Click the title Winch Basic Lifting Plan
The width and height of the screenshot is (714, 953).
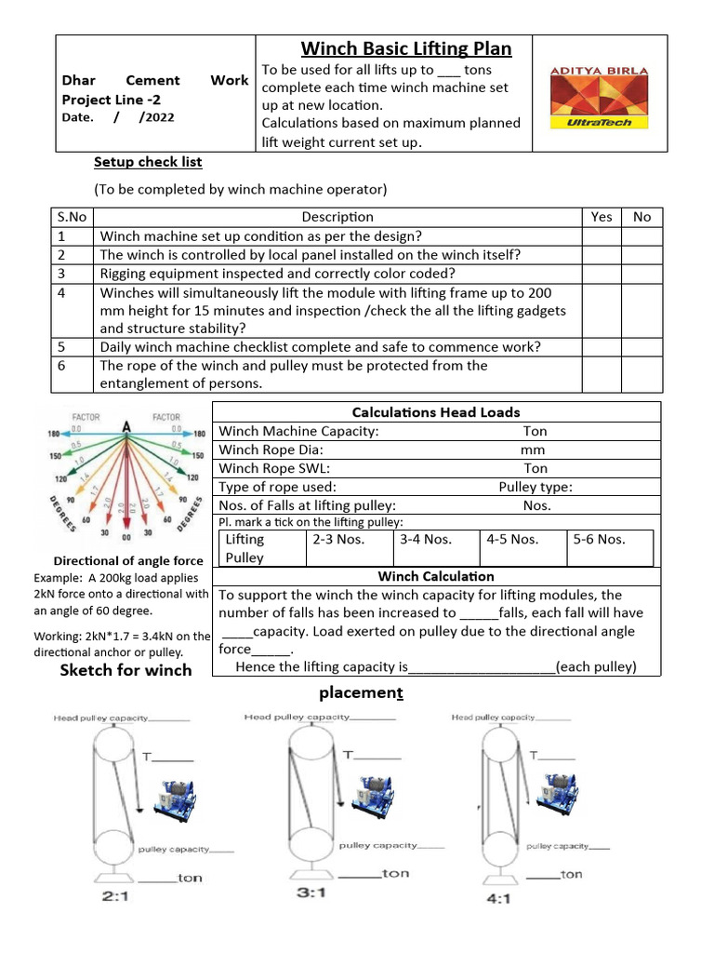point(405,48)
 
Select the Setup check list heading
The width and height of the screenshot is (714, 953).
point(148,162)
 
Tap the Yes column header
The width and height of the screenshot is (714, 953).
point(602,217)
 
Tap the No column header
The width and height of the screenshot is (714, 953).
point(641,217)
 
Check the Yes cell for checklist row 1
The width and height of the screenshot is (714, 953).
point(602,236)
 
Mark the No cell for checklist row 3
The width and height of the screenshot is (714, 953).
point(641,274)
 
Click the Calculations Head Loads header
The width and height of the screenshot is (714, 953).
point(436,412)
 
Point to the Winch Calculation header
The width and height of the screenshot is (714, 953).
point(436,576)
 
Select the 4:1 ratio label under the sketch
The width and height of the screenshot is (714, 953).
point(498,899)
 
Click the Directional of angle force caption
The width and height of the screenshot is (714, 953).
point(128,561)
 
